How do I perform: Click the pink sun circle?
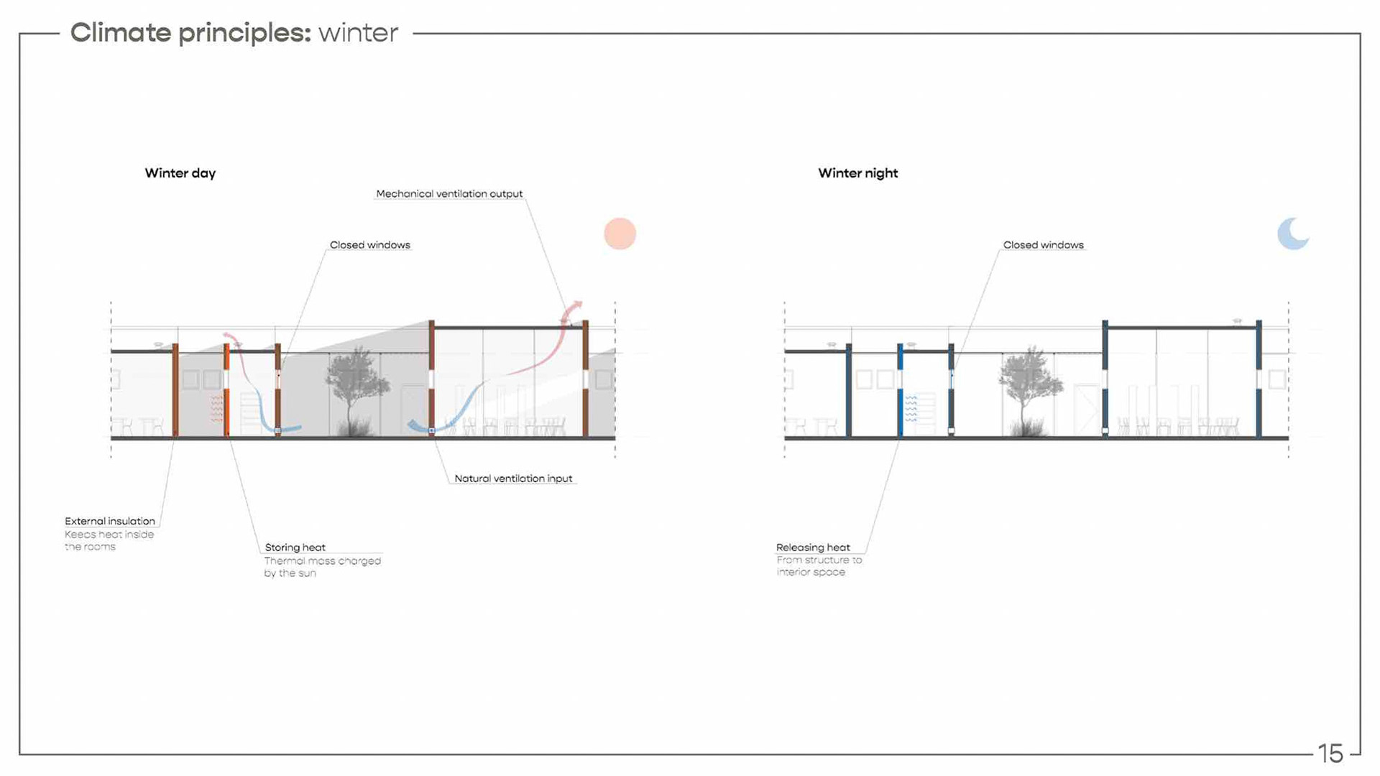[x=620, y=234]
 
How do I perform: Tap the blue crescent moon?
[x=1292, y=234]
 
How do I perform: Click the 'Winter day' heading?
[x=180, y=173]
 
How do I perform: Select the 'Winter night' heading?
[x=857, y=173]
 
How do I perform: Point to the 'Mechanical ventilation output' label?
[x=449, y=194]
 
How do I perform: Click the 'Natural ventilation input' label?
[x=513, y=479]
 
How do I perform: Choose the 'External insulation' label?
[x=110, y=521]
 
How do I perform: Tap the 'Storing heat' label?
[x=295, y=548]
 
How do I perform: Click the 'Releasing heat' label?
[x=813, y=548]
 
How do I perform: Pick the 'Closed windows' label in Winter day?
[x=369, y=245]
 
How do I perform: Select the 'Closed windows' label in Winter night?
[x=1043, y=245]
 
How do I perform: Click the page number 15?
[x=1330, y=753]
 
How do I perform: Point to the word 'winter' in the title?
[x=358, y=33]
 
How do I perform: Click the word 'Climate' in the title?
[x=121, y=33]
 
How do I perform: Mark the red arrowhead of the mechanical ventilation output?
[x=576, y=307]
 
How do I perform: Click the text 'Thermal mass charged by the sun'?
[x=321, y=567]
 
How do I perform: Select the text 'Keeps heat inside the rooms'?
[x=109, y=540]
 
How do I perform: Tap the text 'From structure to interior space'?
[x=818, y=566]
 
